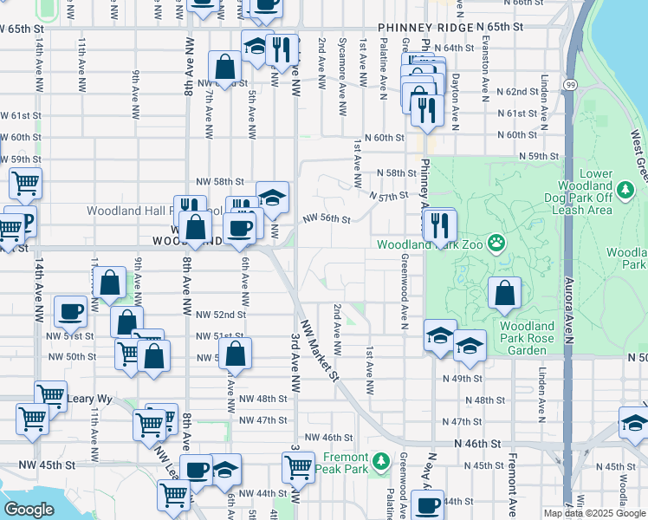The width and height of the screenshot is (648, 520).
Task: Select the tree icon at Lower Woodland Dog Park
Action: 625,188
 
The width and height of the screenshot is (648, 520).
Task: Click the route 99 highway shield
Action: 569,85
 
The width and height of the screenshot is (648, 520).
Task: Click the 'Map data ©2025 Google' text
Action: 594,513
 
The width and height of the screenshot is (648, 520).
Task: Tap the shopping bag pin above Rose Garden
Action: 504,295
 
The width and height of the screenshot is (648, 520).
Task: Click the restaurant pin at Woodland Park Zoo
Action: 441,225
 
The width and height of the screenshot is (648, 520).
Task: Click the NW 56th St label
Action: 326,220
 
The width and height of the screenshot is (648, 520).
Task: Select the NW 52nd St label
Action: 221,315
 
